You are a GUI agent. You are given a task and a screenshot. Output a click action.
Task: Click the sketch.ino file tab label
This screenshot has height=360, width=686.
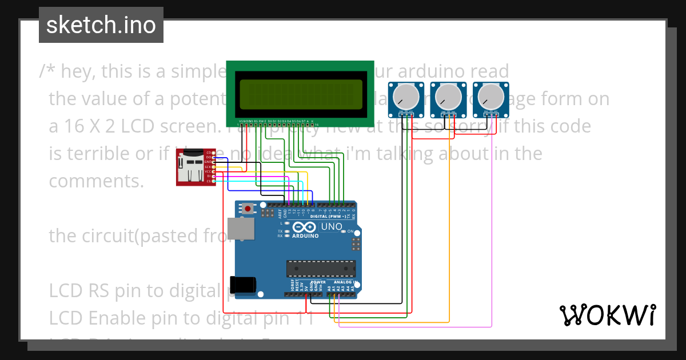coord(101,25)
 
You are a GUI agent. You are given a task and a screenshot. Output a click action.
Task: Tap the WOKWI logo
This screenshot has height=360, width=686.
coord(607,315)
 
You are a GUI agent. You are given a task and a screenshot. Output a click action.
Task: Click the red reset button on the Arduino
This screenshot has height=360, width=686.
coord(248,209)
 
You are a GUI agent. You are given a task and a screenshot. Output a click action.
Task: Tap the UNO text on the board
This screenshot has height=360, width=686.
coord(332,227)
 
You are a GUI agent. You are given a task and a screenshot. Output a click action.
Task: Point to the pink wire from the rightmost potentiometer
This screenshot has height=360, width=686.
coord(492,229)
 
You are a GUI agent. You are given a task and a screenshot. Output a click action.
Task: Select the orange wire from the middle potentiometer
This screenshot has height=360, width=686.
coord(449,229)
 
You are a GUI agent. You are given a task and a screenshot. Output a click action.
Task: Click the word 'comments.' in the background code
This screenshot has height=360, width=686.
coord(96,181)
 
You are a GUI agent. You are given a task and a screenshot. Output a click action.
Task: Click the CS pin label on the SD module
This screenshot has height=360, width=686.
coord(209,181)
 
